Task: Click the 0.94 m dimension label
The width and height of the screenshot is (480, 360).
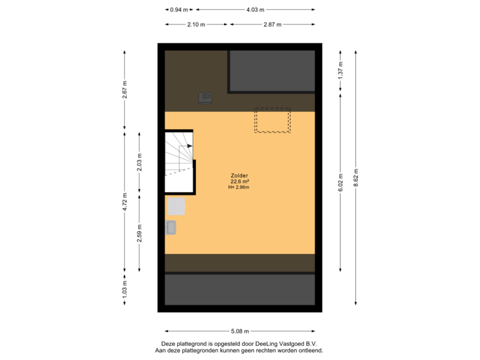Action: click(179, 10)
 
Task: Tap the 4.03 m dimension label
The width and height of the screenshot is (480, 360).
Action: click(255, 10)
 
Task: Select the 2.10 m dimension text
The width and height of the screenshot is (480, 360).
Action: click(196, 24)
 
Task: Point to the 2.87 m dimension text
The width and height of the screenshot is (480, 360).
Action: click(272, 24)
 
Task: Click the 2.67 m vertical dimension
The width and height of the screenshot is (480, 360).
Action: click(125, 90)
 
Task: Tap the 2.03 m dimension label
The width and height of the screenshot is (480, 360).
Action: click(139, 163)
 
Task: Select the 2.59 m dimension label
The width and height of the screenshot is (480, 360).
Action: click(139, 233)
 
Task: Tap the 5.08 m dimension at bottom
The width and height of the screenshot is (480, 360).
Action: click(240, 331)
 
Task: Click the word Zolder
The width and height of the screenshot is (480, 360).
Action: click(240, 176)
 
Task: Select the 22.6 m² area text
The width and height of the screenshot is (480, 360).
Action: click(240, 182)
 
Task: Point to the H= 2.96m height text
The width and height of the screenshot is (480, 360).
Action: click(239, 187)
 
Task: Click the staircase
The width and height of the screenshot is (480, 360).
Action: click(179, 161)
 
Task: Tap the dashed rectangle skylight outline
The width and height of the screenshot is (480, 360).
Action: click(272, 121)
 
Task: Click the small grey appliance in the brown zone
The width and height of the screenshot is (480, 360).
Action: click(205, 98)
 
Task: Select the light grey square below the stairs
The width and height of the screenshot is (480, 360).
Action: click(176, 206)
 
